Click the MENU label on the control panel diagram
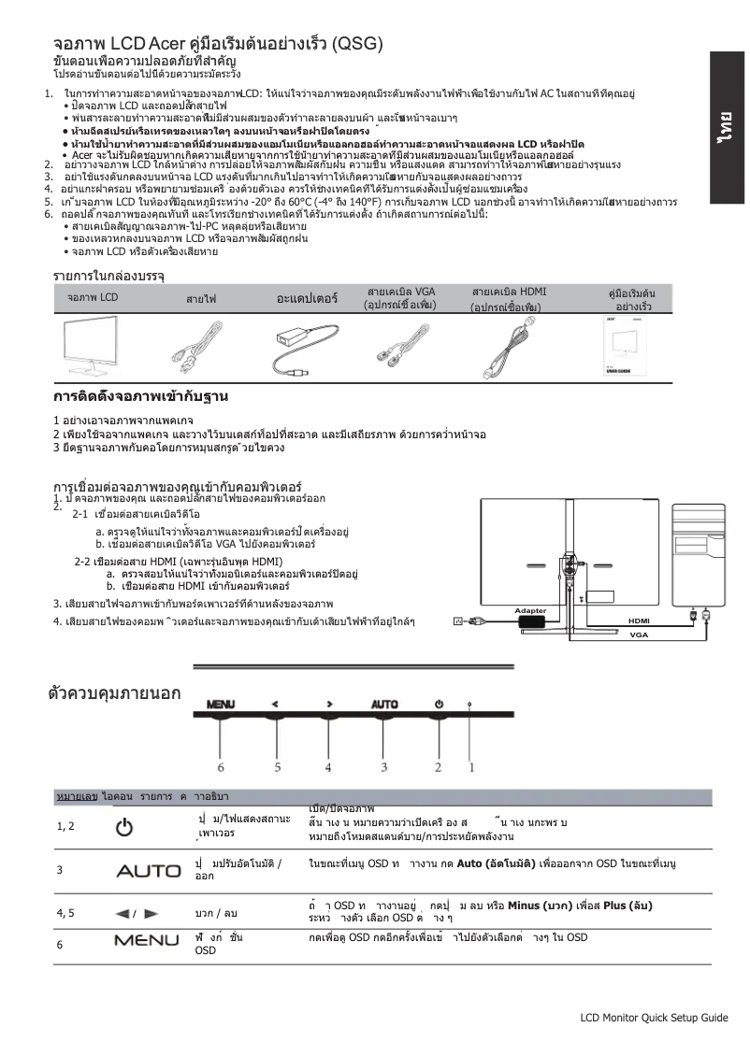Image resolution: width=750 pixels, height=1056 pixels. pyautogui.click(x=221, y=703)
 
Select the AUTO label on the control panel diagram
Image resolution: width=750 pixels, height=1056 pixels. pyautogui.click(x=384, y=703)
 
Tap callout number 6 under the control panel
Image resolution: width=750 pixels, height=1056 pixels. pyautogui.click(x=221, y=766)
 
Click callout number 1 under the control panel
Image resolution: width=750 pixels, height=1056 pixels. pyautogui.click(x=471, y=766)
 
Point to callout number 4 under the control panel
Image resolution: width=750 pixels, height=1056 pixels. pyautogui.click(x=328, y=766)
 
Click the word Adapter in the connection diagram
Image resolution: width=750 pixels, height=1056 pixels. pyautogui.click(x=530, y=610)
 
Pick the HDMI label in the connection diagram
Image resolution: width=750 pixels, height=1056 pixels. pyautogui.click(x=639, y=621)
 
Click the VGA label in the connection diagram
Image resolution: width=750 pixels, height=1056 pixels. pyautogui.click(x=639, y=635)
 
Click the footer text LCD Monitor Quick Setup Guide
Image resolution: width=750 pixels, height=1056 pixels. pyautogui.click(x=654, y=1018)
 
